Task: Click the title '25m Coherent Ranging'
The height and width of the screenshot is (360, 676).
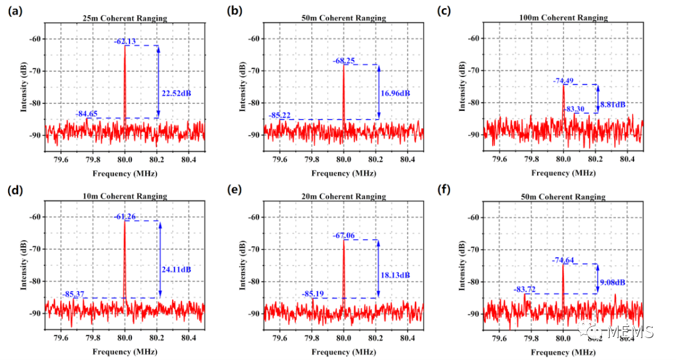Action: tap(125, 18)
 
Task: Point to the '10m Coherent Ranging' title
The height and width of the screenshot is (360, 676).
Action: tap(125, 196)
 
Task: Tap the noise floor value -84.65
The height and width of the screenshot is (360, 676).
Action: tap(86, 113)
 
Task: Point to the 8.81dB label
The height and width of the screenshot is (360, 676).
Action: tap(613, 104)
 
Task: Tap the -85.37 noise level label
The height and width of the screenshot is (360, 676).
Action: tap(74, 294)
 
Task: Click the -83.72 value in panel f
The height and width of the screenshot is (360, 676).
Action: tap(526, 289)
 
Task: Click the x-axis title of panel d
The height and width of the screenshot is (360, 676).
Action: tap(125, 351)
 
